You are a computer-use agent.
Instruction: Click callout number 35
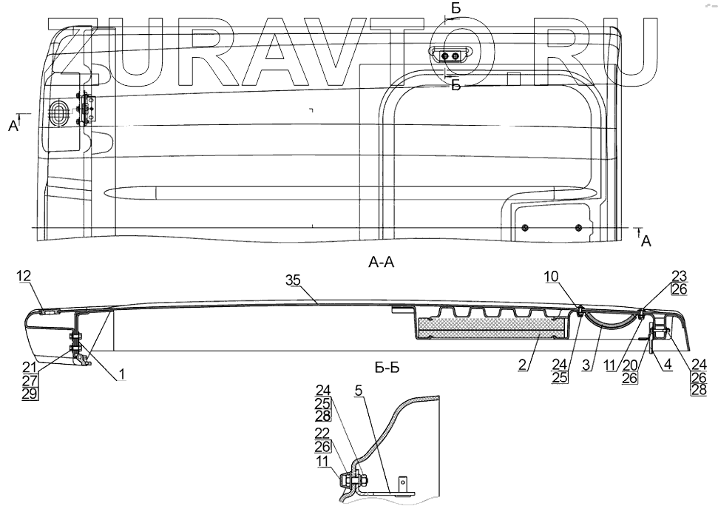pyautogui.click(x=294, y=280)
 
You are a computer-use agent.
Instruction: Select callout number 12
pyautogui.click(x=24, y=276)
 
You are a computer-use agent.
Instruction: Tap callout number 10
pyautogui.click(x=552, y=276)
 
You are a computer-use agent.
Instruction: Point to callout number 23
pyautogui.click(x=680, y=276)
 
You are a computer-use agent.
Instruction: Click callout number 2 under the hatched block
pyautogui.click(x=524, y=365)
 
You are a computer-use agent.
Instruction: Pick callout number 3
pyautogui.click(x=586, y=365)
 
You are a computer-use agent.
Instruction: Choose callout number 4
pyautogui.click(x=668, y=365)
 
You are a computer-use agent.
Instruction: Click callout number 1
pyautogui.click(x=121, y=374)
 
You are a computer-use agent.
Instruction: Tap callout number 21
pyautogui.click(x=30, y=367)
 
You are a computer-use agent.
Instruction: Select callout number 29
pyautogui.click(x=30, y=394)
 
